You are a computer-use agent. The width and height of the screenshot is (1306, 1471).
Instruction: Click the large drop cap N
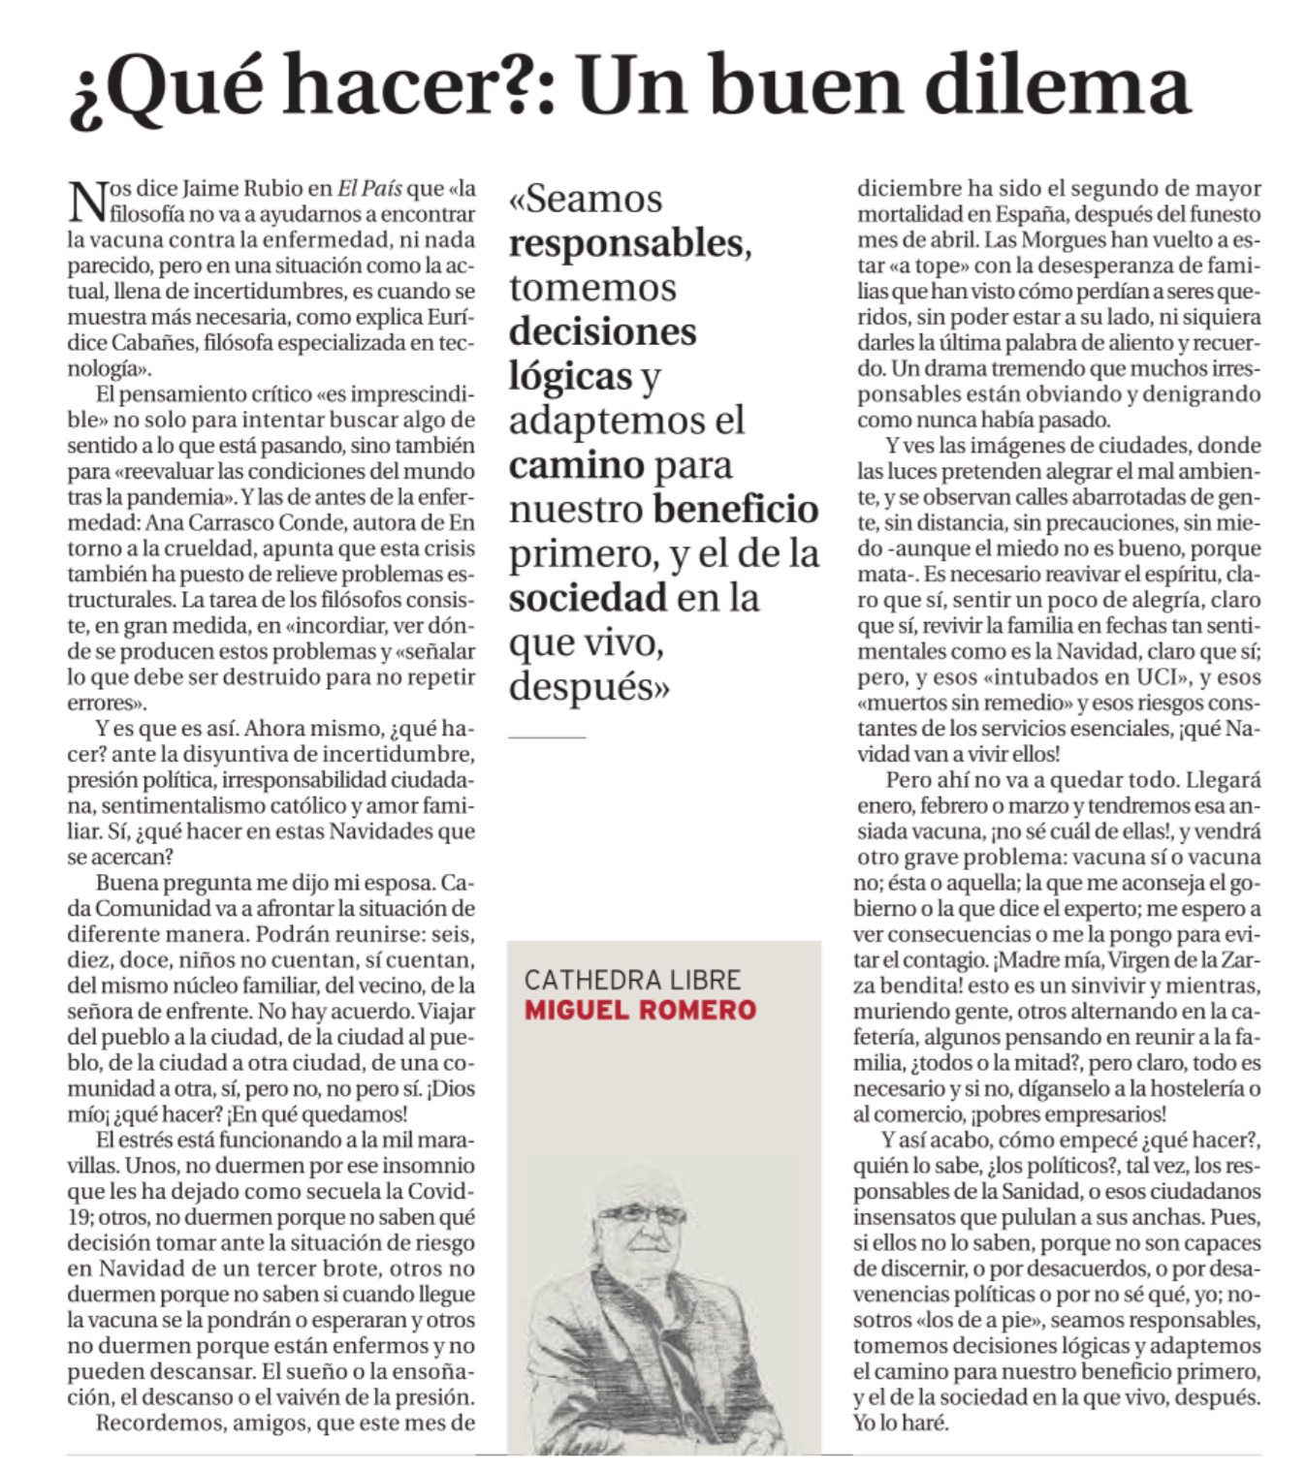[x=87, y=201]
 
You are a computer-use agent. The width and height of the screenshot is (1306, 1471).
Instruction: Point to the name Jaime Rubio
[x=241, y=188]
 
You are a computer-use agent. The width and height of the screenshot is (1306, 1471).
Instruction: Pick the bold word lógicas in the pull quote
[x=570, y=376]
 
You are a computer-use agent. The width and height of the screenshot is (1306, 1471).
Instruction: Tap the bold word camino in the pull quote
[x=576, y=465]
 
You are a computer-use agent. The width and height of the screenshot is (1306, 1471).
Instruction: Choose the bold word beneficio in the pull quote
[x=736, y=509]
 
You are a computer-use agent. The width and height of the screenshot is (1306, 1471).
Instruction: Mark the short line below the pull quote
[x=547, y=737]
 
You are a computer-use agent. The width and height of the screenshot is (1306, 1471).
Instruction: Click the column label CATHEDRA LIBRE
[x=632, y=980]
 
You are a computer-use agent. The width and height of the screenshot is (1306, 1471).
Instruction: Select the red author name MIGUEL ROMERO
[x=640, y=1010]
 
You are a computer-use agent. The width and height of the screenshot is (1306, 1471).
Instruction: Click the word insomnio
[x=421, y=1165]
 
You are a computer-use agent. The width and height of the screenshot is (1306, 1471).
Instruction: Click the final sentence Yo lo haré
[x=901, y=1423]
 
